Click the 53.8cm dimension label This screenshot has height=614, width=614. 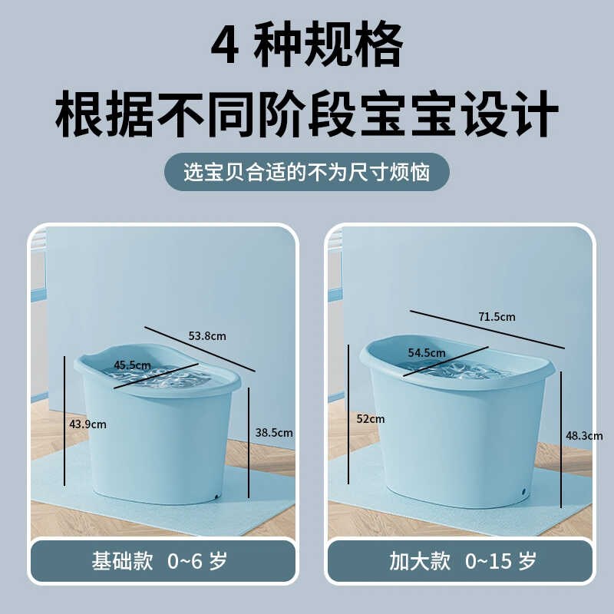pos(207,335)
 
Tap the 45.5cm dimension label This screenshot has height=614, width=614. pos(132,365)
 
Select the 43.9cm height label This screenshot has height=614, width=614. pos(87,424)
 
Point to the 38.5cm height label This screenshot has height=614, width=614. pos(274,433)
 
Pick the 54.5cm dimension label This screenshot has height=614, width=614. pos(427,353)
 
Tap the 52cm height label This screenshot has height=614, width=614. pos(371,419)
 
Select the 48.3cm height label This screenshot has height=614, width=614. pos(584,435)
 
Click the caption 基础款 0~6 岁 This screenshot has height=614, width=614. pos(163,561)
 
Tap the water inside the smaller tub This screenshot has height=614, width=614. pos(165,378)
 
